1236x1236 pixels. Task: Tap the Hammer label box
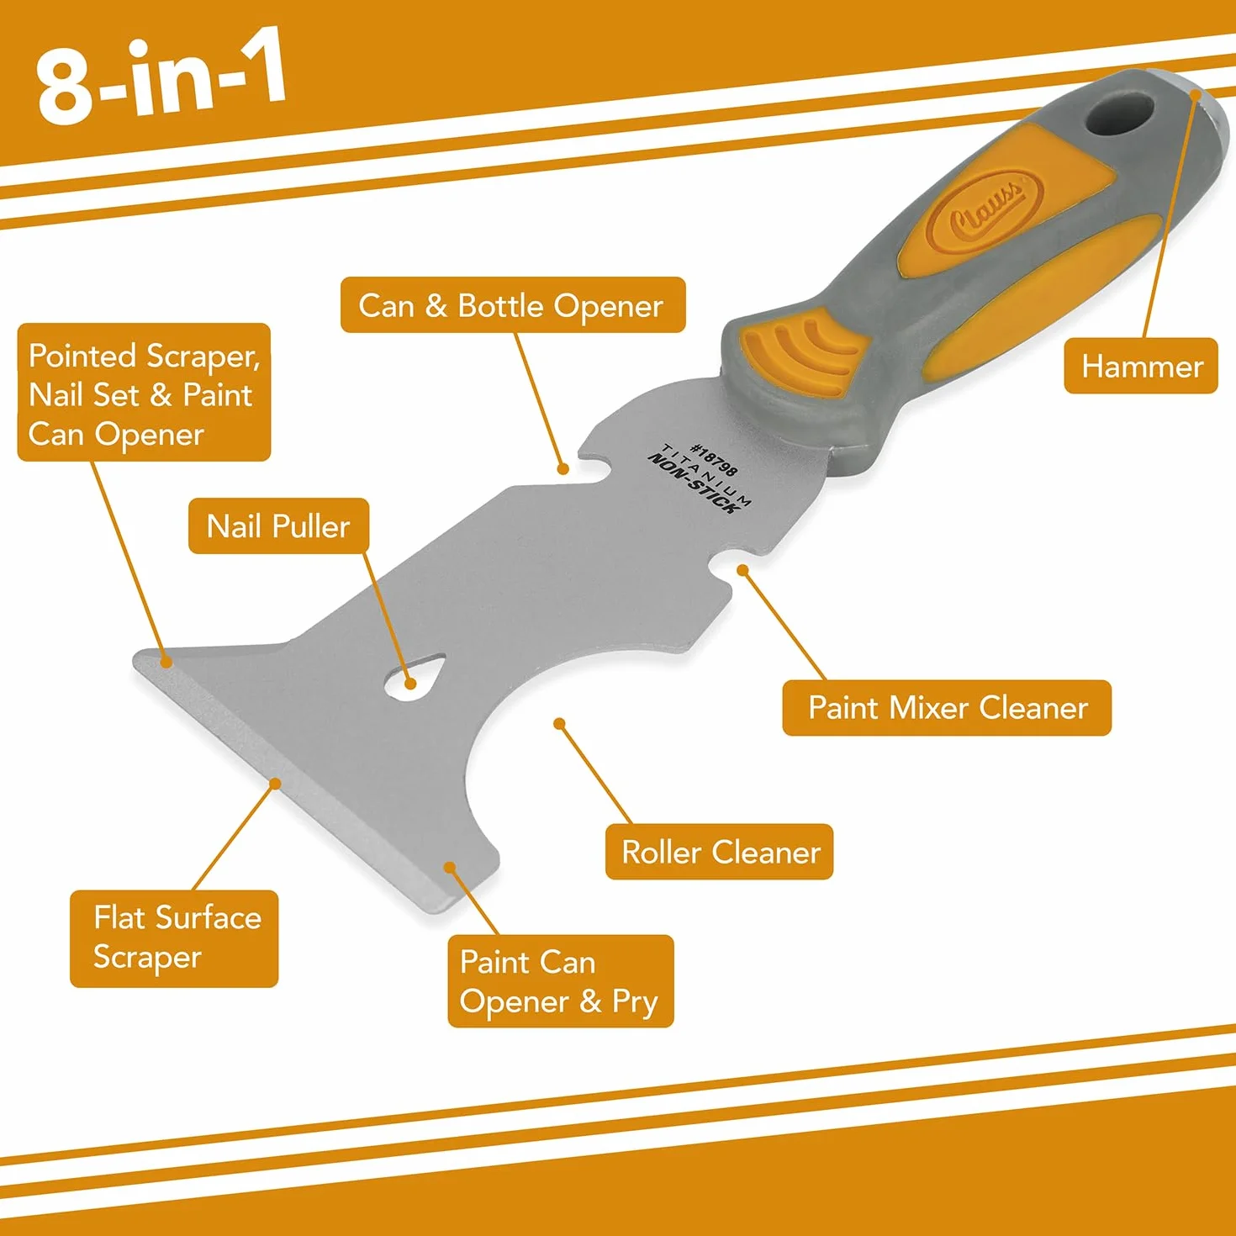pos(1140,366)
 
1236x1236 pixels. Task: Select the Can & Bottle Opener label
pos(513,304)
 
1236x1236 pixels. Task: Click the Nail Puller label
pos(278,526)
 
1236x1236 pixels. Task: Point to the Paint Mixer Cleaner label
pos(947,707)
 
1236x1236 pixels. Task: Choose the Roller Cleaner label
pos(719,852)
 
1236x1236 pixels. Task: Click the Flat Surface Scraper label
pos(174,938)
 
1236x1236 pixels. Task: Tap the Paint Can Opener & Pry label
pos(561,981)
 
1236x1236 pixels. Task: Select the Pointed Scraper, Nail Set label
pos(144,392)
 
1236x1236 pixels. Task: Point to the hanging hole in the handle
pos(1118,114)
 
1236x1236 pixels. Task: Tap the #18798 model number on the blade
pos(713,460)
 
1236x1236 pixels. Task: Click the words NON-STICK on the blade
pos(691,483)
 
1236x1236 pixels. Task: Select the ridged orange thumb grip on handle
pos(803,354)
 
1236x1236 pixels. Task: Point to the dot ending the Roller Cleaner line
pos(559,723)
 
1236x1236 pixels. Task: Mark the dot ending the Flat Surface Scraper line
pos(275,783)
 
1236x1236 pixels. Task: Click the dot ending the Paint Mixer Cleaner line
pos(742,569)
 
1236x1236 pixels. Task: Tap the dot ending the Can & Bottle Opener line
pos(563,469)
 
